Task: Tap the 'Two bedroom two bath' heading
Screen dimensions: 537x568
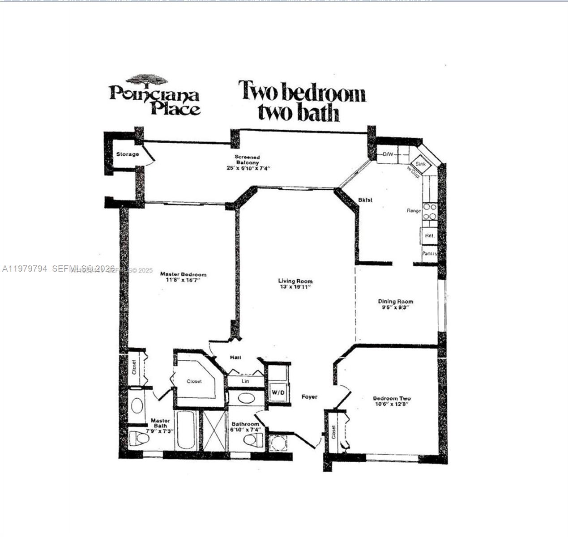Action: tap(302, 101)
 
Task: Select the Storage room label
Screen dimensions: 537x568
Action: tap(128, 154)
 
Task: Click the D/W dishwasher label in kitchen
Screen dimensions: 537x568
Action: tap(388, 155)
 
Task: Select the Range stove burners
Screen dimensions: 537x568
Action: tap(430, 211)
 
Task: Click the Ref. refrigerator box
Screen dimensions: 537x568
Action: tap(429, 236)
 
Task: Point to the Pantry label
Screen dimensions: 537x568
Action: tap(429, 254)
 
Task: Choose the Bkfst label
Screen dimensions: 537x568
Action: tap(365, 200)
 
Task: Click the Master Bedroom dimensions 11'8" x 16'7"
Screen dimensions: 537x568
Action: tap(184, 281)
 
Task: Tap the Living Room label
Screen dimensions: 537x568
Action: tap(295, 281)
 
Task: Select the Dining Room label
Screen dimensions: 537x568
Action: tap(396, 302)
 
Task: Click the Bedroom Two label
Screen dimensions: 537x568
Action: tap(392, 398)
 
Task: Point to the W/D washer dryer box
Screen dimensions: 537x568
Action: tap(278, 392)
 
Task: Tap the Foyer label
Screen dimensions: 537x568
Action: tap(309, 397)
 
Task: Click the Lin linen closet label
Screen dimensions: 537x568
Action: tap(245, 381)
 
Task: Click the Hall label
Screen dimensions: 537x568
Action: tap(235, 358)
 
